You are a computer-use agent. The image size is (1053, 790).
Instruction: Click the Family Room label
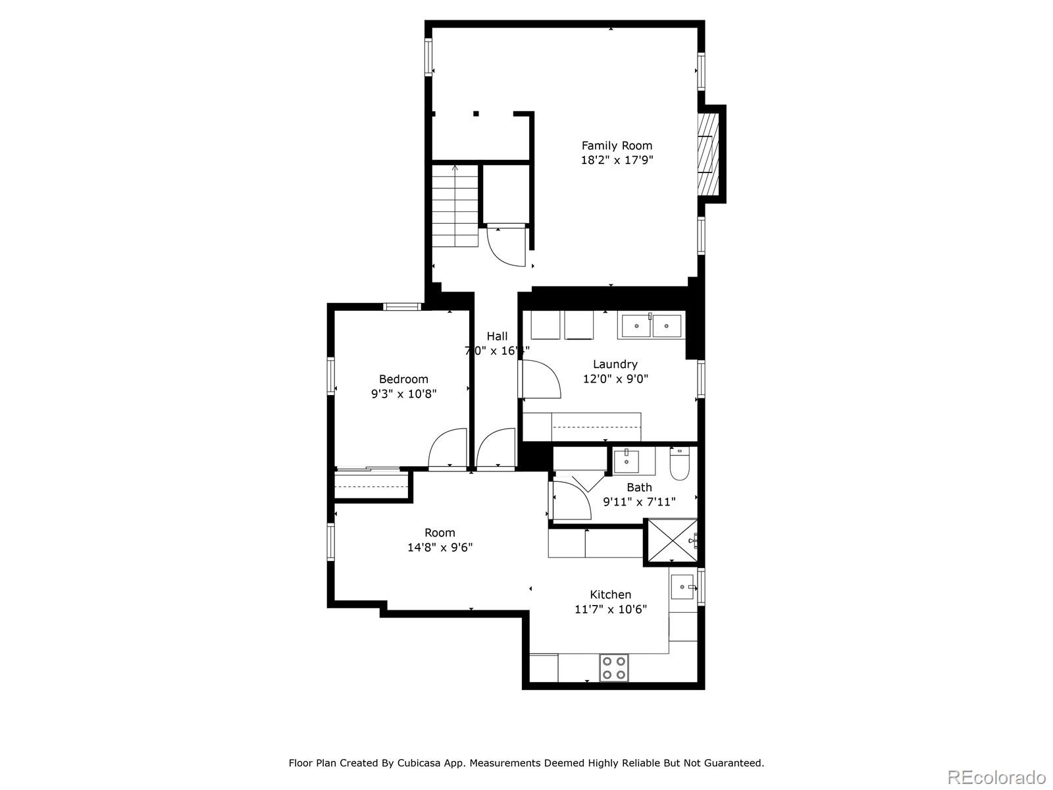(617, 145)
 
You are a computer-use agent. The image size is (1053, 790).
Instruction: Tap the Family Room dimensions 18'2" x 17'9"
(617, 160)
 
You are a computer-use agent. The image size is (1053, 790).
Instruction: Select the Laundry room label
(615, 364)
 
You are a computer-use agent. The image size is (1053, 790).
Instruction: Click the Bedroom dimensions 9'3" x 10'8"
(403, 394)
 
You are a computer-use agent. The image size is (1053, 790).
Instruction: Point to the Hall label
(497, 336)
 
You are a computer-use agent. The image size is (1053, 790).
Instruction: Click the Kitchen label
(610, 594)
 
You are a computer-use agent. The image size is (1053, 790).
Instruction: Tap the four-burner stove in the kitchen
(613, 668)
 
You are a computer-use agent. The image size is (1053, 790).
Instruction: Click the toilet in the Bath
(679, 465)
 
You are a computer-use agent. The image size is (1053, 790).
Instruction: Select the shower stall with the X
(669, 542)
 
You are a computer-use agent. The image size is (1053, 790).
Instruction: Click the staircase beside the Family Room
(455, 205)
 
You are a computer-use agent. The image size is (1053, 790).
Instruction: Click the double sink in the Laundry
(650, 325)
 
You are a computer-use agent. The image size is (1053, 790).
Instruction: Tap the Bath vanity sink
(627, 460)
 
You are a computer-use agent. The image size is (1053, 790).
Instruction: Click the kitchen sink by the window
(682, 586)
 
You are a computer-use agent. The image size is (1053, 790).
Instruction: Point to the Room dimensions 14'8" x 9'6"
(440, 547)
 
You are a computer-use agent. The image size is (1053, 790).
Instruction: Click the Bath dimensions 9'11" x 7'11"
(639, 502)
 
